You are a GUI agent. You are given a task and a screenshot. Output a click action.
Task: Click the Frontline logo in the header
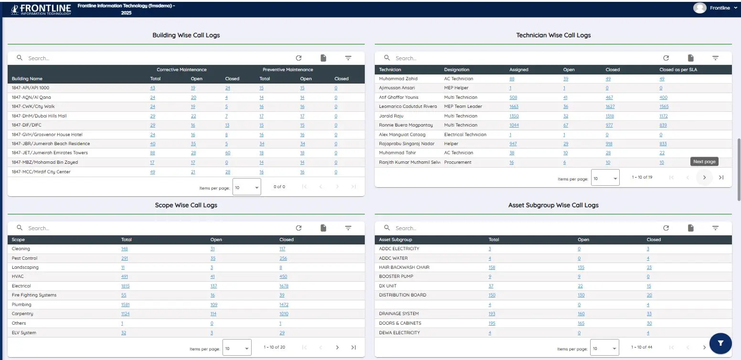(41, 9)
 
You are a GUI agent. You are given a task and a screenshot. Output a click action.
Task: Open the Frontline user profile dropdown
(713, 8)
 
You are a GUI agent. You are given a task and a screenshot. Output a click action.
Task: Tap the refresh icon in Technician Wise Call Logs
(666, 58)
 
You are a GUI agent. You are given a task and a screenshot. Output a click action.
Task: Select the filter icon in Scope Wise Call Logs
(348, 228)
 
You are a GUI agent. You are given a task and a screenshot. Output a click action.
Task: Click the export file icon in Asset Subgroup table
(690, 228)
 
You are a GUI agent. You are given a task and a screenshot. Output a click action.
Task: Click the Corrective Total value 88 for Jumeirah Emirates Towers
(152, 153)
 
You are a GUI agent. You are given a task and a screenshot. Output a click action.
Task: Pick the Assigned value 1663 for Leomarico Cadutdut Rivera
(514, 106)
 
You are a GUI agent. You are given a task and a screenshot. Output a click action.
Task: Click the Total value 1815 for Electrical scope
(125, 286)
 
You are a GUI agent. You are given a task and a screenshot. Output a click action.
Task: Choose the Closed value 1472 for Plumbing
(284, 305)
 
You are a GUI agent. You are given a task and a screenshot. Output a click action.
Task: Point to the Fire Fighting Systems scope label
(34, 295)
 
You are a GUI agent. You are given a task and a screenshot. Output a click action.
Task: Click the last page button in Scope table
(353, 348)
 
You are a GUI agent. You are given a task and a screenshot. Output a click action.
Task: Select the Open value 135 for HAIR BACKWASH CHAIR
(581, 267)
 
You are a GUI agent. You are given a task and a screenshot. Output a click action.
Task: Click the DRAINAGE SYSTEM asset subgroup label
(399, 314)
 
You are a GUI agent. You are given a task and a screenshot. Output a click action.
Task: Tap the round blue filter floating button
(721, 343)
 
